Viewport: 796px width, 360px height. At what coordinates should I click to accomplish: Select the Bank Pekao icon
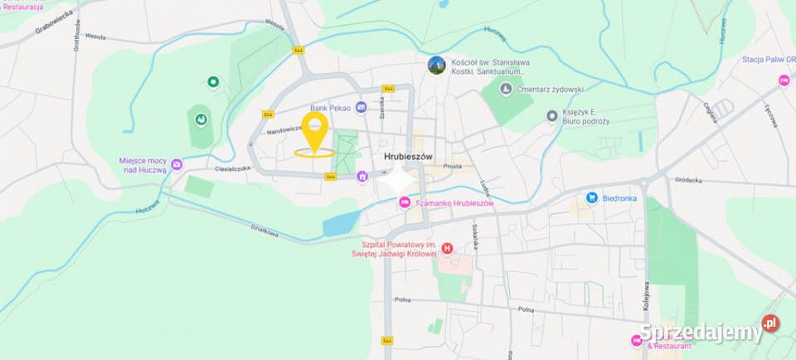click(361, 107)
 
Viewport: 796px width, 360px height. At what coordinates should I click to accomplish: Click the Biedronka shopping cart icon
click(592, 197)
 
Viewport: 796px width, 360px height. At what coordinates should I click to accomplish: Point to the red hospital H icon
click(447, 248)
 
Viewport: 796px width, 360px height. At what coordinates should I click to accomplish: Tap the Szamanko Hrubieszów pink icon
click(405, 202)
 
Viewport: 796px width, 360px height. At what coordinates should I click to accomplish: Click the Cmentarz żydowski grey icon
click(506, 89)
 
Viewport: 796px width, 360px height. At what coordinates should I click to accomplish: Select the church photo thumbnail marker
click(436, 65)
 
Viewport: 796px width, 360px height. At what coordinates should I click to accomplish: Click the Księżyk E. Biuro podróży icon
click(552, 116)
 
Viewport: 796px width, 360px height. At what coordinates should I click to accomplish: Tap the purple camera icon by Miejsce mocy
click(177, 164)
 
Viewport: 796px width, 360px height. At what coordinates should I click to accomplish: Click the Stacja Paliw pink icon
click(784, 80)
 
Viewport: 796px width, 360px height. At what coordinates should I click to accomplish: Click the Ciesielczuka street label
click(232, 168)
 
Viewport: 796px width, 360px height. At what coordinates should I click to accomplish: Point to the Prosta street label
click(452, 166)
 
